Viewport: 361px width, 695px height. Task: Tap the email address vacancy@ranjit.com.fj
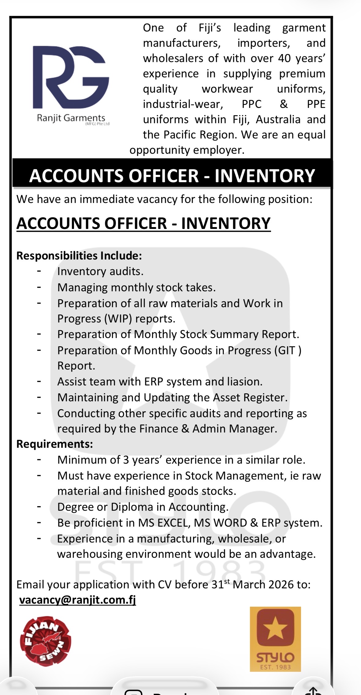77,600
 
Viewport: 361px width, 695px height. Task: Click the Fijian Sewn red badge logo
45,641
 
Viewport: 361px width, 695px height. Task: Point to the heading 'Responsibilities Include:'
79,256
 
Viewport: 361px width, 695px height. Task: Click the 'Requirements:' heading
54,444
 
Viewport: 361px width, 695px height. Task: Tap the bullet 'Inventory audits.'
100,271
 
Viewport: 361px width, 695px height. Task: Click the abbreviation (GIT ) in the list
288,350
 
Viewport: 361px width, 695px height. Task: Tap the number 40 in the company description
284,58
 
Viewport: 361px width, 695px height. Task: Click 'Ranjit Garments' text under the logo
71,118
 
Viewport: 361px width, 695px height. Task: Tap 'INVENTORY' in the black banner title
265,176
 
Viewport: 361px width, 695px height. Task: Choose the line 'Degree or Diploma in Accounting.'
143,507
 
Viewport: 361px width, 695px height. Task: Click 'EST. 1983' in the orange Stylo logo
275,667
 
